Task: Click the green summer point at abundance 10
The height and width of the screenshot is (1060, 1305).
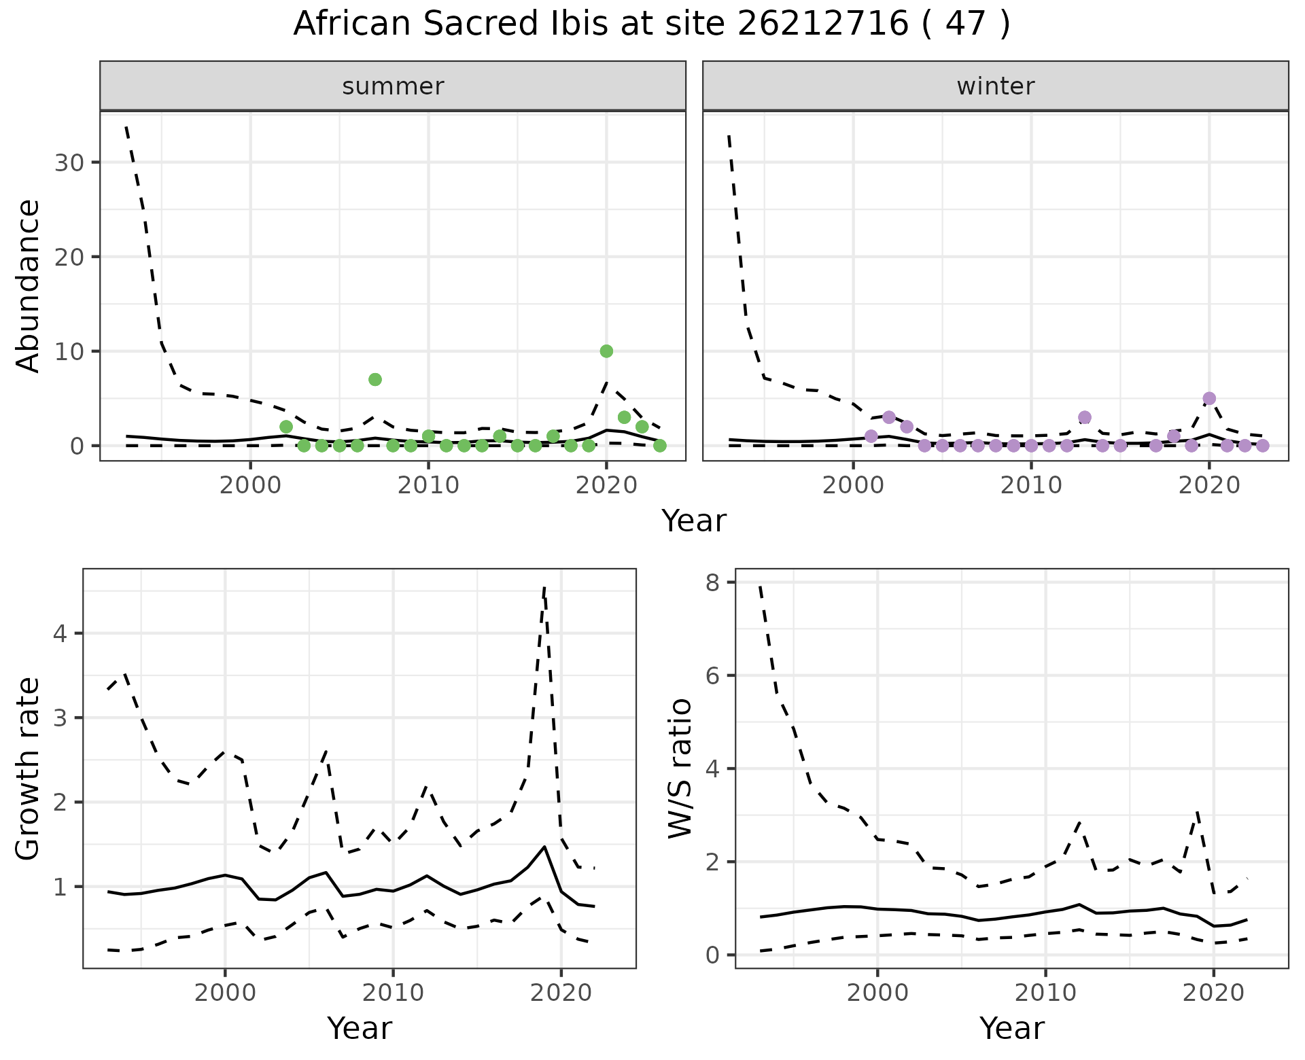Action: pyautogui.click(x=606, y=351)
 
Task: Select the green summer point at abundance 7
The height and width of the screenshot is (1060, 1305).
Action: pyautogui.click(x=375, y=379)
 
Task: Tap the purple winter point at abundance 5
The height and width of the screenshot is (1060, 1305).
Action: pyautogui.click(x=1209, y=398)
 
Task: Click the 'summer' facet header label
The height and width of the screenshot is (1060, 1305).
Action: pyautogui.click(x=393, y=86)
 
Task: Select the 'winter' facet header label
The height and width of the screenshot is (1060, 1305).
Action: pyautogui.click(x=996, y=86)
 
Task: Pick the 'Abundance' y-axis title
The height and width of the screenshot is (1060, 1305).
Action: pyautogui.click(x=29, y=286)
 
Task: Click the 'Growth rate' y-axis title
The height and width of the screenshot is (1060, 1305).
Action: pyautogui.click(x=29, y=768)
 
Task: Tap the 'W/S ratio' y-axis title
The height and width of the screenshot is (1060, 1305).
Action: pyautogui.click(x=680, y=768)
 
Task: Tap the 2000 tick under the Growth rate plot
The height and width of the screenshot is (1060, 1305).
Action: pyautogui.click(x=225, y=993)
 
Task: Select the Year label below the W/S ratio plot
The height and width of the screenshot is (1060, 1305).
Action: pyautogui.click(x=1012, y=1029)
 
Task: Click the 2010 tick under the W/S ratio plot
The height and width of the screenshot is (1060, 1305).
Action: pyautogui.click(x=1045, y=993)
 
